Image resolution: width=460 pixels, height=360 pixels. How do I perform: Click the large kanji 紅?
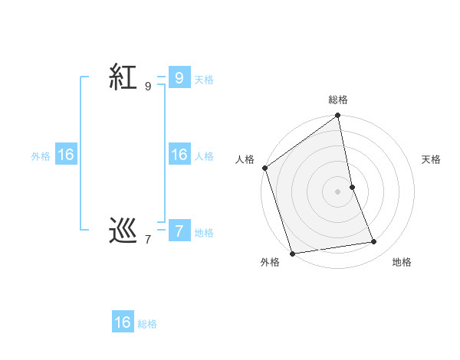click(123, 77)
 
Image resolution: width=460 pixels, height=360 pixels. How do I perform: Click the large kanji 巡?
click(123, 231)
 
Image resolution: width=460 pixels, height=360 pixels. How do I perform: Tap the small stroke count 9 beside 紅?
click(148, 87)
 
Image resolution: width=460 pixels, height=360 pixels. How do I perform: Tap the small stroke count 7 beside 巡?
click(148, 240)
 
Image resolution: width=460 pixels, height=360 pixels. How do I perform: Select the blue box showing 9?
click(179, 77)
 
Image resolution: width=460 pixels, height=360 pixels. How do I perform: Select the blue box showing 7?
click(179, 231)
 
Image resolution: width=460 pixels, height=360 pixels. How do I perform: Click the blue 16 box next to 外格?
click(66, 155)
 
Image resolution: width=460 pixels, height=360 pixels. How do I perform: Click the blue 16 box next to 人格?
click(179, 155)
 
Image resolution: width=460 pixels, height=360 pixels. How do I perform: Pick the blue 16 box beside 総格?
click(123, 322)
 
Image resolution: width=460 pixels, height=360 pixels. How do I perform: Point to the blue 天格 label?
click(204, 79)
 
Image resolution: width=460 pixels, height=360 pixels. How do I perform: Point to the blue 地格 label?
click(204, 232)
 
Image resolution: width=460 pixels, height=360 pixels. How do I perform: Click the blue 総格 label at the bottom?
click(147, 324)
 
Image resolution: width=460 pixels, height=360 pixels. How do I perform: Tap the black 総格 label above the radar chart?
click(338, 100)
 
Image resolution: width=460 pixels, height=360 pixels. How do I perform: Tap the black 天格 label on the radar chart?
click(432, 159)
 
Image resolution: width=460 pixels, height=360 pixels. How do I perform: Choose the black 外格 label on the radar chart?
click(269, 262)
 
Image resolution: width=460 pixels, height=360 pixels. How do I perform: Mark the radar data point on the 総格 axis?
click(338, 116)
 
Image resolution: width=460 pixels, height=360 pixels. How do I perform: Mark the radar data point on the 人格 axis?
click(265, 168)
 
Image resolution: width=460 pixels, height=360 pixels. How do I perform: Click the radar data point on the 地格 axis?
click(374, 242)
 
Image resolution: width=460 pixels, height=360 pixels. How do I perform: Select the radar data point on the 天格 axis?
click(352, 187)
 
